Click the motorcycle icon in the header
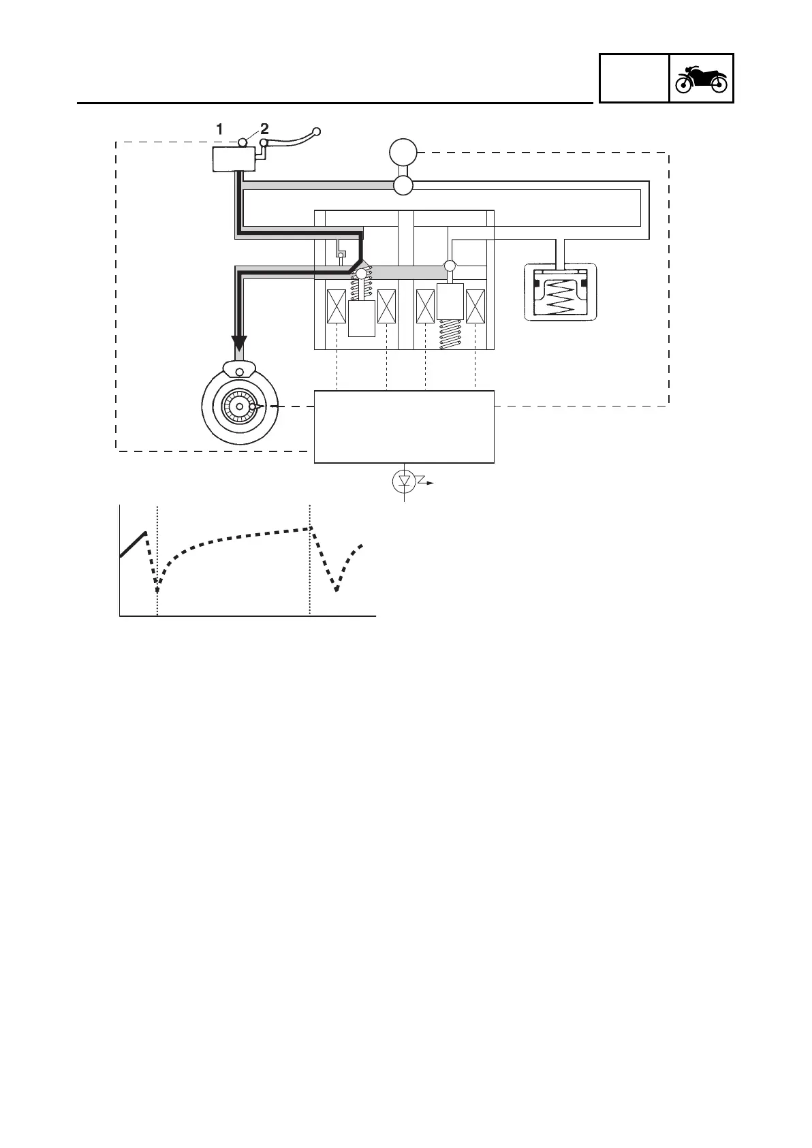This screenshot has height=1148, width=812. coord(701,78)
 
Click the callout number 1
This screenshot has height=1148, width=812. coord(219,128)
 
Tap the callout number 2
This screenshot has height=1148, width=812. coord(264,128)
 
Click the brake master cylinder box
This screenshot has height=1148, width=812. coord(234,160)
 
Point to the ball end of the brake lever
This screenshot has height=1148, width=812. coord(316,130)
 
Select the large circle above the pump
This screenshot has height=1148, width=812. coord(403,151)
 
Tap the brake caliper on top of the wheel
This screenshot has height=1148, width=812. coord(239,370)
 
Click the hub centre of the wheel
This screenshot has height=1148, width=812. coord(239,406)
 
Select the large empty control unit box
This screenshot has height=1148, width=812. coord(404,427)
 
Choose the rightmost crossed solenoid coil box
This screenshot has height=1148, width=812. coord(475,306)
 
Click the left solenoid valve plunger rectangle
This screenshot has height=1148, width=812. coord(362,318)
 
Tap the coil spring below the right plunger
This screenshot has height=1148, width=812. coord(450,334)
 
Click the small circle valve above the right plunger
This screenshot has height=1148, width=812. coord(450,265)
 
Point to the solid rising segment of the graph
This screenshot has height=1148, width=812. coord(133,544)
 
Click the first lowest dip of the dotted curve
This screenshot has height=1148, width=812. coord(157,587)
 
